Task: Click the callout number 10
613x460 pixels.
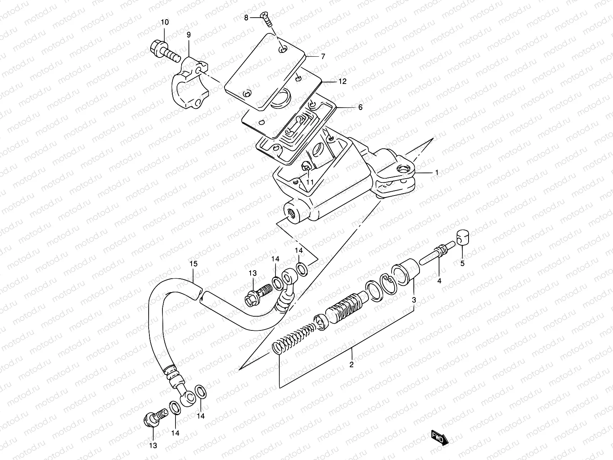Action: (x=164, y=22)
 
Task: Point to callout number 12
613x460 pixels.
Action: (x=342, y=81)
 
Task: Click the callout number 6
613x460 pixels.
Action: (x=360, y=108)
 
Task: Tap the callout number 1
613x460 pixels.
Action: (x=436, y=172)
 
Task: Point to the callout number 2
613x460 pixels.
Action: (x=351, y=365)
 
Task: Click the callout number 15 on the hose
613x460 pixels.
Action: (x=193, y=264)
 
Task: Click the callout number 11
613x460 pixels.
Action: (x=310, y=182)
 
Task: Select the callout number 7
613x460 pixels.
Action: (x=323, y=56)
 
